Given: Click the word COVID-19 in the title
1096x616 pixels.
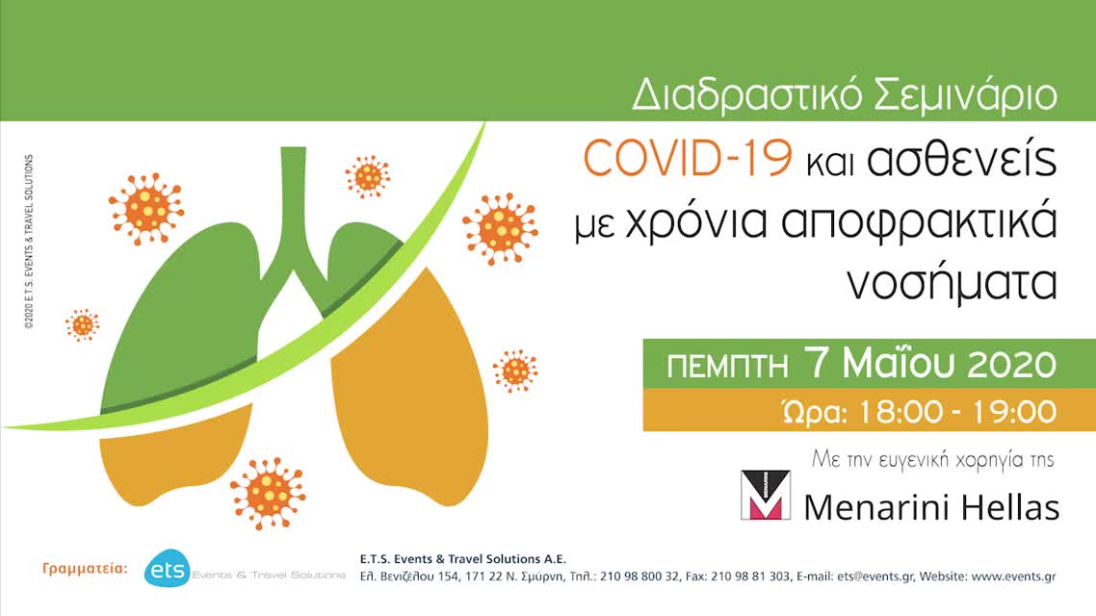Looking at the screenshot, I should click(x=687, y=160).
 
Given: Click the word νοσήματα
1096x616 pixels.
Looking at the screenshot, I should click(x=952, y=285).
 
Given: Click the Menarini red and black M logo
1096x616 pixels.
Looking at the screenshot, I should click(x=765, y=495).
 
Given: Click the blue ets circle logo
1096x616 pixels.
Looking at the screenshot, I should click(x=166, y=570).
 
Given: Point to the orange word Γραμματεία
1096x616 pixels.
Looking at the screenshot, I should click(x=85, y=569).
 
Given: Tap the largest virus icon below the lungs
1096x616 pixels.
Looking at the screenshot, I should click(x=267, y=493).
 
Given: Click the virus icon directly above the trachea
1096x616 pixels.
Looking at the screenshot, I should click(x=367, y=176).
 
